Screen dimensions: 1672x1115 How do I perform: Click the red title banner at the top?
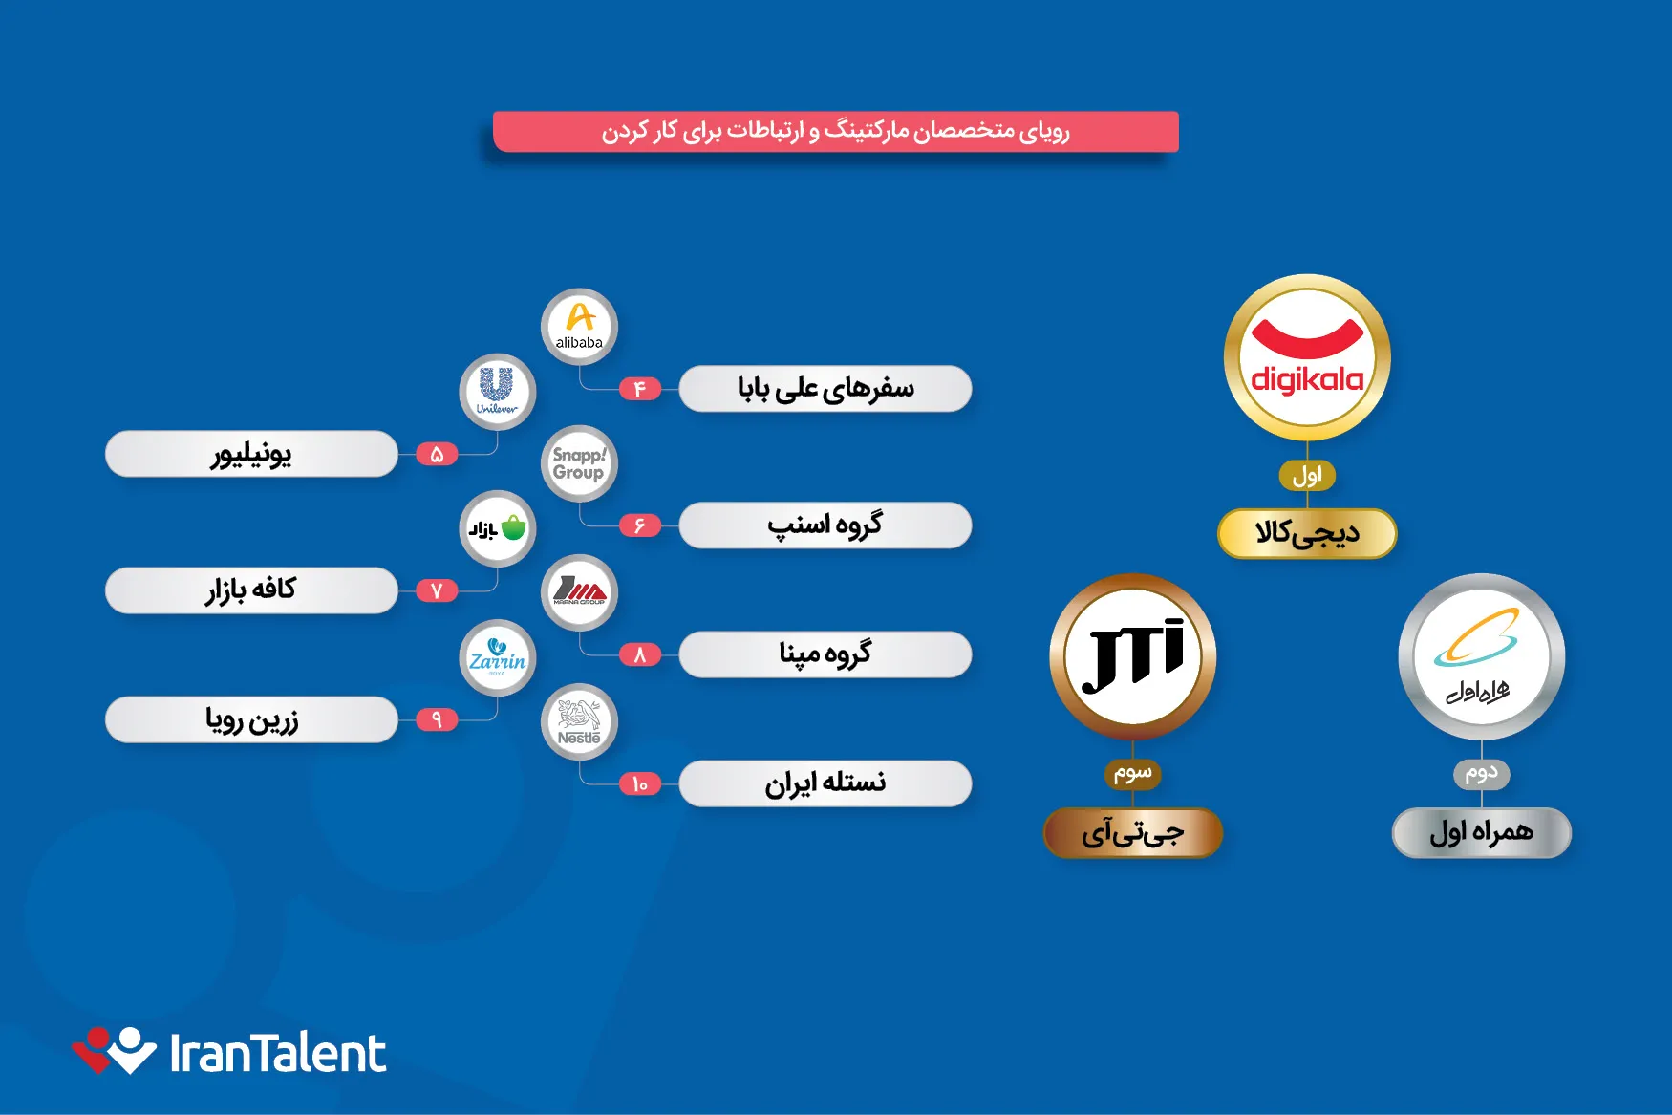[836, 131]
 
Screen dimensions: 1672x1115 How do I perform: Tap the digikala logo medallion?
[1307, 357]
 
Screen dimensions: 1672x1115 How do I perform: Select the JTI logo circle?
[1133, 656]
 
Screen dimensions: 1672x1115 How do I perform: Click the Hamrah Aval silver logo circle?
[1482, 656]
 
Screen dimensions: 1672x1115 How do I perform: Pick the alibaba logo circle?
[580, 327]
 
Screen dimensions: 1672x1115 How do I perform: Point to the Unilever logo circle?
[497, 392]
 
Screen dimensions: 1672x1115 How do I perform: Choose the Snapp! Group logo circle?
[580, 463]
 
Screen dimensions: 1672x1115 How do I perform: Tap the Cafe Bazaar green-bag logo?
[497, 528]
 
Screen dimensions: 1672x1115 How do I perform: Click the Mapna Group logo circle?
[580, 592]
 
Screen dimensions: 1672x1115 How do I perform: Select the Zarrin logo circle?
[497, 658]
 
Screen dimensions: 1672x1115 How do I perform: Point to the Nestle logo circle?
[580, 722]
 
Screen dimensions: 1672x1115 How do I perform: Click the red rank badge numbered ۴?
[640, 389]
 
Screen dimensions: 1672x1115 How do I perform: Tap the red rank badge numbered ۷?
[437, 590]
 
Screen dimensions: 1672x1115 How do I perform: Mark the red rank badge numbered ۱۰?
[640, 783]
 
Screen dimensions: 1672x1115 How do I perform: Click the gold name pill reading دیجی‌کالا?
[1307, 533]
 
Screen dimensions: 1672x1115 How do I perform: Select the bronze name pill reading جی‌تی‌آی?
[1133, 832]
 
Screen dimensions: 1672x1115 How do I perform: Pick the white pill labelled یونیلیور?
[251, 454]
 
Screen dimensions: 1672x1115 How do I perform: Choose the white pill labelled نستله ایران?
[825, 783]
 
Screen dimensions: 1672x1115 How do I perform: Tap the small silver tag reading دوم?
[1482, 773]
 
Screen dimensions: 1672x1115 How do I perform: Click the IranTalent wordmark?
[278, 1053]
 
